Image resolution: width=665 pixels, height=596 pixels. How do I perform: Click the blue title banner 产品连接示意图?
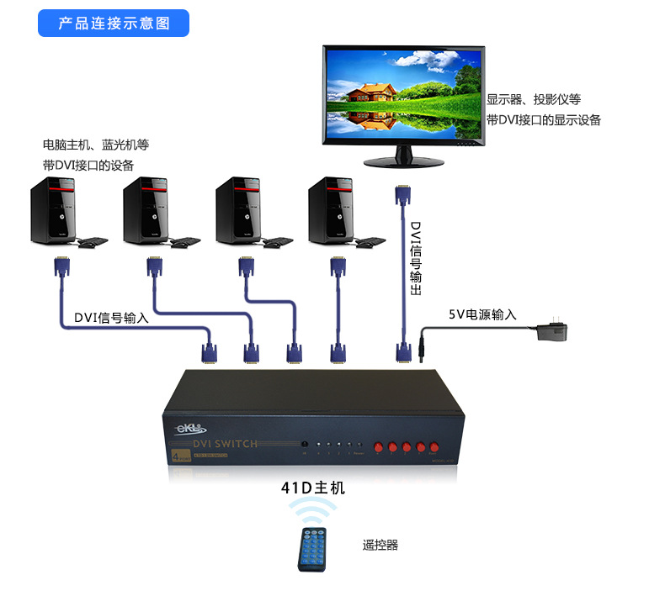point(114,24)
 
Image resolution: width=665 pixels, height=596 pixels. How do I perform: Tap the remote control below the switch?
point(316,550)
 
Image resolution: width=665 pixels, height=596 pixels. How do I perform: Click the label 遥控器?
point(380,546)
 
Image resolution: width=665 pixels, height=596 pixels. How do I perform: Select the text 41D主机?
point(313,488)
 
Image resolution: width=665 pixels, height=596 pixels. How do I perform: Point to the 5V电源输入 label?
point(482,315)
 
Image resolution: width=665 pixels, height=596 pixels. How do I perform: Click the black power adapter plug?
point(551,330)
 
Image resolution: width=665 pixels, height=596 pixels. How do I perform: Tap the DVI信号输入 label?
point(111,317)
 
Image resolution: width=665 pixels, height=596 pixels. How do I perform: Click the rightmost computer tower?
point(330,209)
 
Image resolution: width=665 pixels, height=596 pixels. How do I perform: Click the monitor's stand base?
point(404,161)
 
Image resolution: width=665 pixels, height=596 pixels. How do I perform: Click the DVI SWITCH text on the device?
point(225,444)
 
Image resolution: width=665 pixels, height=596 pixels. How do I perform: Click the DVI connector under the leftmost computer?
point(61,266)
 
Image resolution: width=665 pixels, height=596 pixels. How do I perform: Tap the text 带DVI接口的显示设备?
point(544,120)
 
